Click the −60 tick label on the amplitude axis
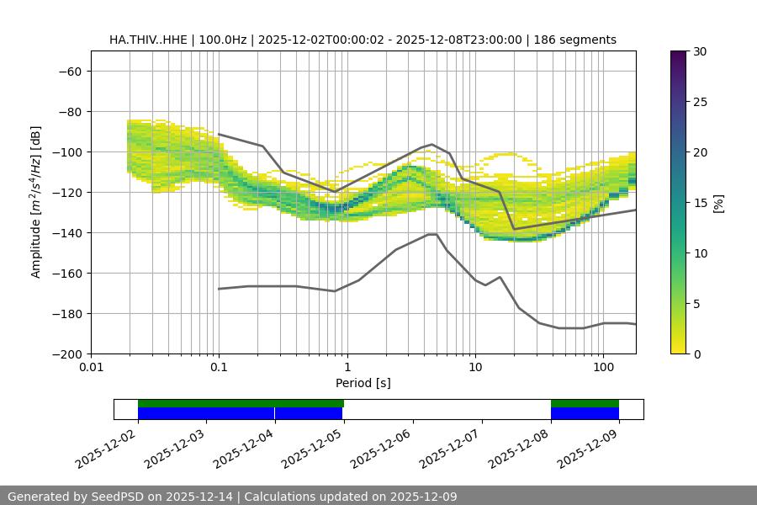[x=68, y=71]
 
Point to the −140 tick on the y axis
[x=68, y=232]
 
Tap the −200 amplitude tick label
[x=68, y=353]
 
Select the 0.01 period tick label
[x=91, y=367]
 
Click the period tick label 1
[x=347, y=367]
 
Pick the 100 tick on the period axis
[x=602, y=367]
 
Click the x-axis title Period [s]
[x=363, y=383]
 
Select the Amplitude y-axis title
[x=36, y=202]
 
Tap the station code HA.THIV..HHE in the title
[x=150, y=40]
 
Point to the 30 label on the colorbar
[x=699, y=51]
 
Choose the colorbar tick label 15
[x=699, y=203]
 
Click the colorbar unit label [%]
[x=717, y=203]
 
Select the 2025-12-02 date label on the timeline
[x=105, y=450]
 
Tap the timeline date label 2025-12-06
[x=380, y=450]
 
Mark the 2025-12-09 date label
[x=587, y=450]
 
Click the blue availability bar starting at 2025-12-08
[x=585, y=413]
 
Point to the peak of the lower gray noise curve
[x=432, y=234]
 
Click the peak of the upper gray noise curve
[x=432, y=144]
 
